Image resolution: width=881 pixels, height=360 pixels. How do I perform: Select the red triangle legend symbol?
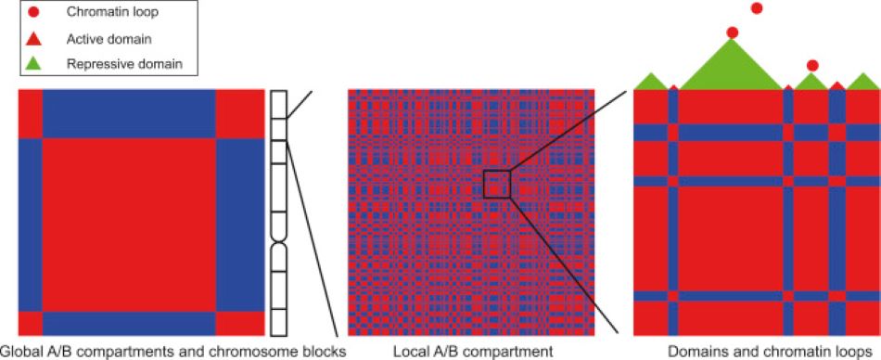pos(34,39)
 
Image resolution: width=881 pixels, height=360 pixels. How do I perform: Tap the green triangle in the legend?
pos(34,64)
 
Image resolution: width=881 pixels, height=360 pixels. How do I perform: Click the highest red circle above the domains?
pos(756,8)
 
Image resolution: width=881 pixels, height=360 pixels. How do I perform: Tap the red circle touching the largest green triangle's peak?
pos(733,32)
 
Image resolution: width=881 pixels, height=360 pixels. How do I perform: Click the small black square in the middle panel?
pos(497,184)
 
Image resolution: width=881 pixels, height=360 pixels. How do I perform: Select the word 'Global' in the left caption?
pos(19,351)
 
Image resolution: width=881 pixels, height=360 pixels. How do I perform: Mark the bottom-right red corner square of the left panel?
pos(239,323)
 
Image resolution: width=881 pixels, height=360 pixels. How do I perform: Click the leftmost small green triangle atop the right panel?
pos(650,81)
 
